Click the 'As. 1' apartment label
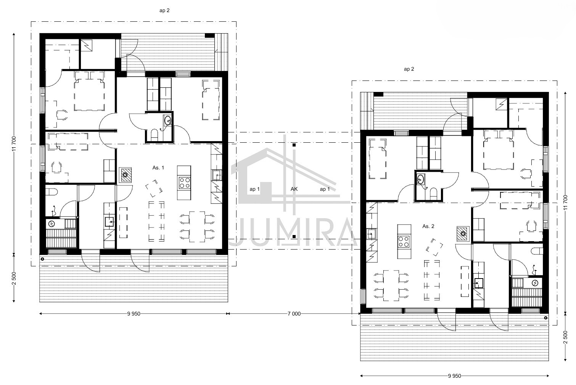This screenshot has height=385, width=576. tap(158, 168)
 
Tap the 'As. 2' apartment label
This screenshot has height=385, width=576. tap(428, 226)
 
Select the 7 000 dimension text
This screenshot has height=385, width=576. tap(294, 314)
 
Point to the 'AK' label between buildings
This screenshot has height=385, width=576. tap(294, 189)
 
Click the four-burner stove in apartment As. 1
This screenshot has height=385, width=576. tap(185, 183)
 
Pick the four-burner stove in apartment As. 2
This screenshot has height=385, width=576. tap(404, 242)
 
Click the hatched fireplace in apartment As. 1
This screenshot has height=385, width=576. tap(125, 175)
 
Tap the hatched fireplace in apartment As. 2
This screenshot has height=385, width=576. tap(463, 234)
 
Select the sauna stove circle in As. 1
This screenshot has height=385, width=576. tap(51, 224)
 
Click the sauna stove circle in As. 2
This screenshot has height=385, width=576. tap(535, 283)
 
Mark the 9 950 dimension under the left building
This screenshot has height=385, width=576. tap(134, 314)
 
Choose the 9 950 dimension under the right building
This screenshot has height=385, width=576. tap(454, 376)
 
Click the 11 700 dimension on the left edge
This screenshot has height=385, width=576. tap(14, 143)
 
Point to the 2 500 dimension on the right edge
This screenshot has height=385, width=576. tap(565, 337)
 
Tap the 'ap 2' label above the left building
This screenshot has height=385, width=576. tap(164, 11)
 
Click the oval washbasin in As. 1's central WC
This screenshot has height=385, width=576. tap(168, 120)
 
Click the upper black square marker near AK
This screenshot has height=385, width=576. tap(294, 145)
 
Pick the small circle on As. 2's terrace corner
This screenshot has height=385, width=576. tap(545, 318)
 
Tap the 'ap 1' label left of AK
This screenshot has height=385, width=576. tap(254, 189)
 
